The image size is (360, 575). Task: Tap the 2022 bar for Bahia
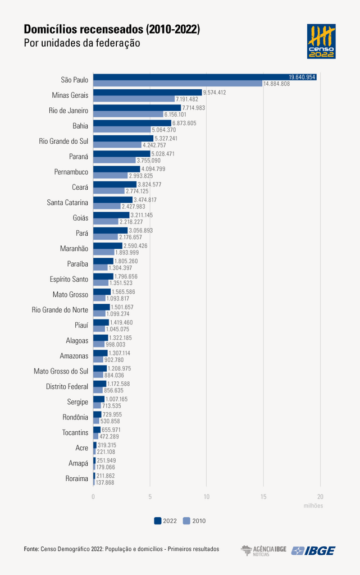(x=132, y=123)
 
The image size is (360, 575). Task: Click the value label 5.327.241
(x=166, y=138)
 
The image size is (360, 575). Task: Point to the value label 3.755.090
(x=148, y=160)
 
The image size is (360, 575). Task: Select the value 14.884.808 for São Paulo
(x=276, y=84)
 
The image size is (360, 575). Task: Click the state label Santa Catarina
(x=67, y=202)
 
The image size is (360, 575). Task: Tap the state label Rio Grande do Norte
(x=60, y=309)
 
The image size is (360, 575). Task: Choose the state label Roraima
(x=76, y=479)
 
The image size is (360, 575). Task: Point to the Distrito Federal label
(x=67, y=386)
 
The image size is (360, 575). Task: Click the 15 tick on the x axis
(x=263, y=496)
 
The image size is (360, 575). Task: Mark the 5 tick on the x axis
(x=150, y=496)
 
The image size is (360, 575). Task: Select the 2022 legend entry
(x=165, y=521)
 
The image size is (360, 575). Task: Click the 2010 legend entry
(x=194, y=521)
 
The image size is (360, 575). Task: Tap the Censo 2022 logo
(x=321, y=41)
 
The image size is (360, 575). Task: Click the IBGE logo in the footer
(x=313, y=551)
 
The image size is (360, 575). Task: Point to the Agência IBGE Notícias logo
(x=263, y=551)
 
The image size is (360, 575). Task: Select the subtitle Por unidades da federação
(x=81, y=43)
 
